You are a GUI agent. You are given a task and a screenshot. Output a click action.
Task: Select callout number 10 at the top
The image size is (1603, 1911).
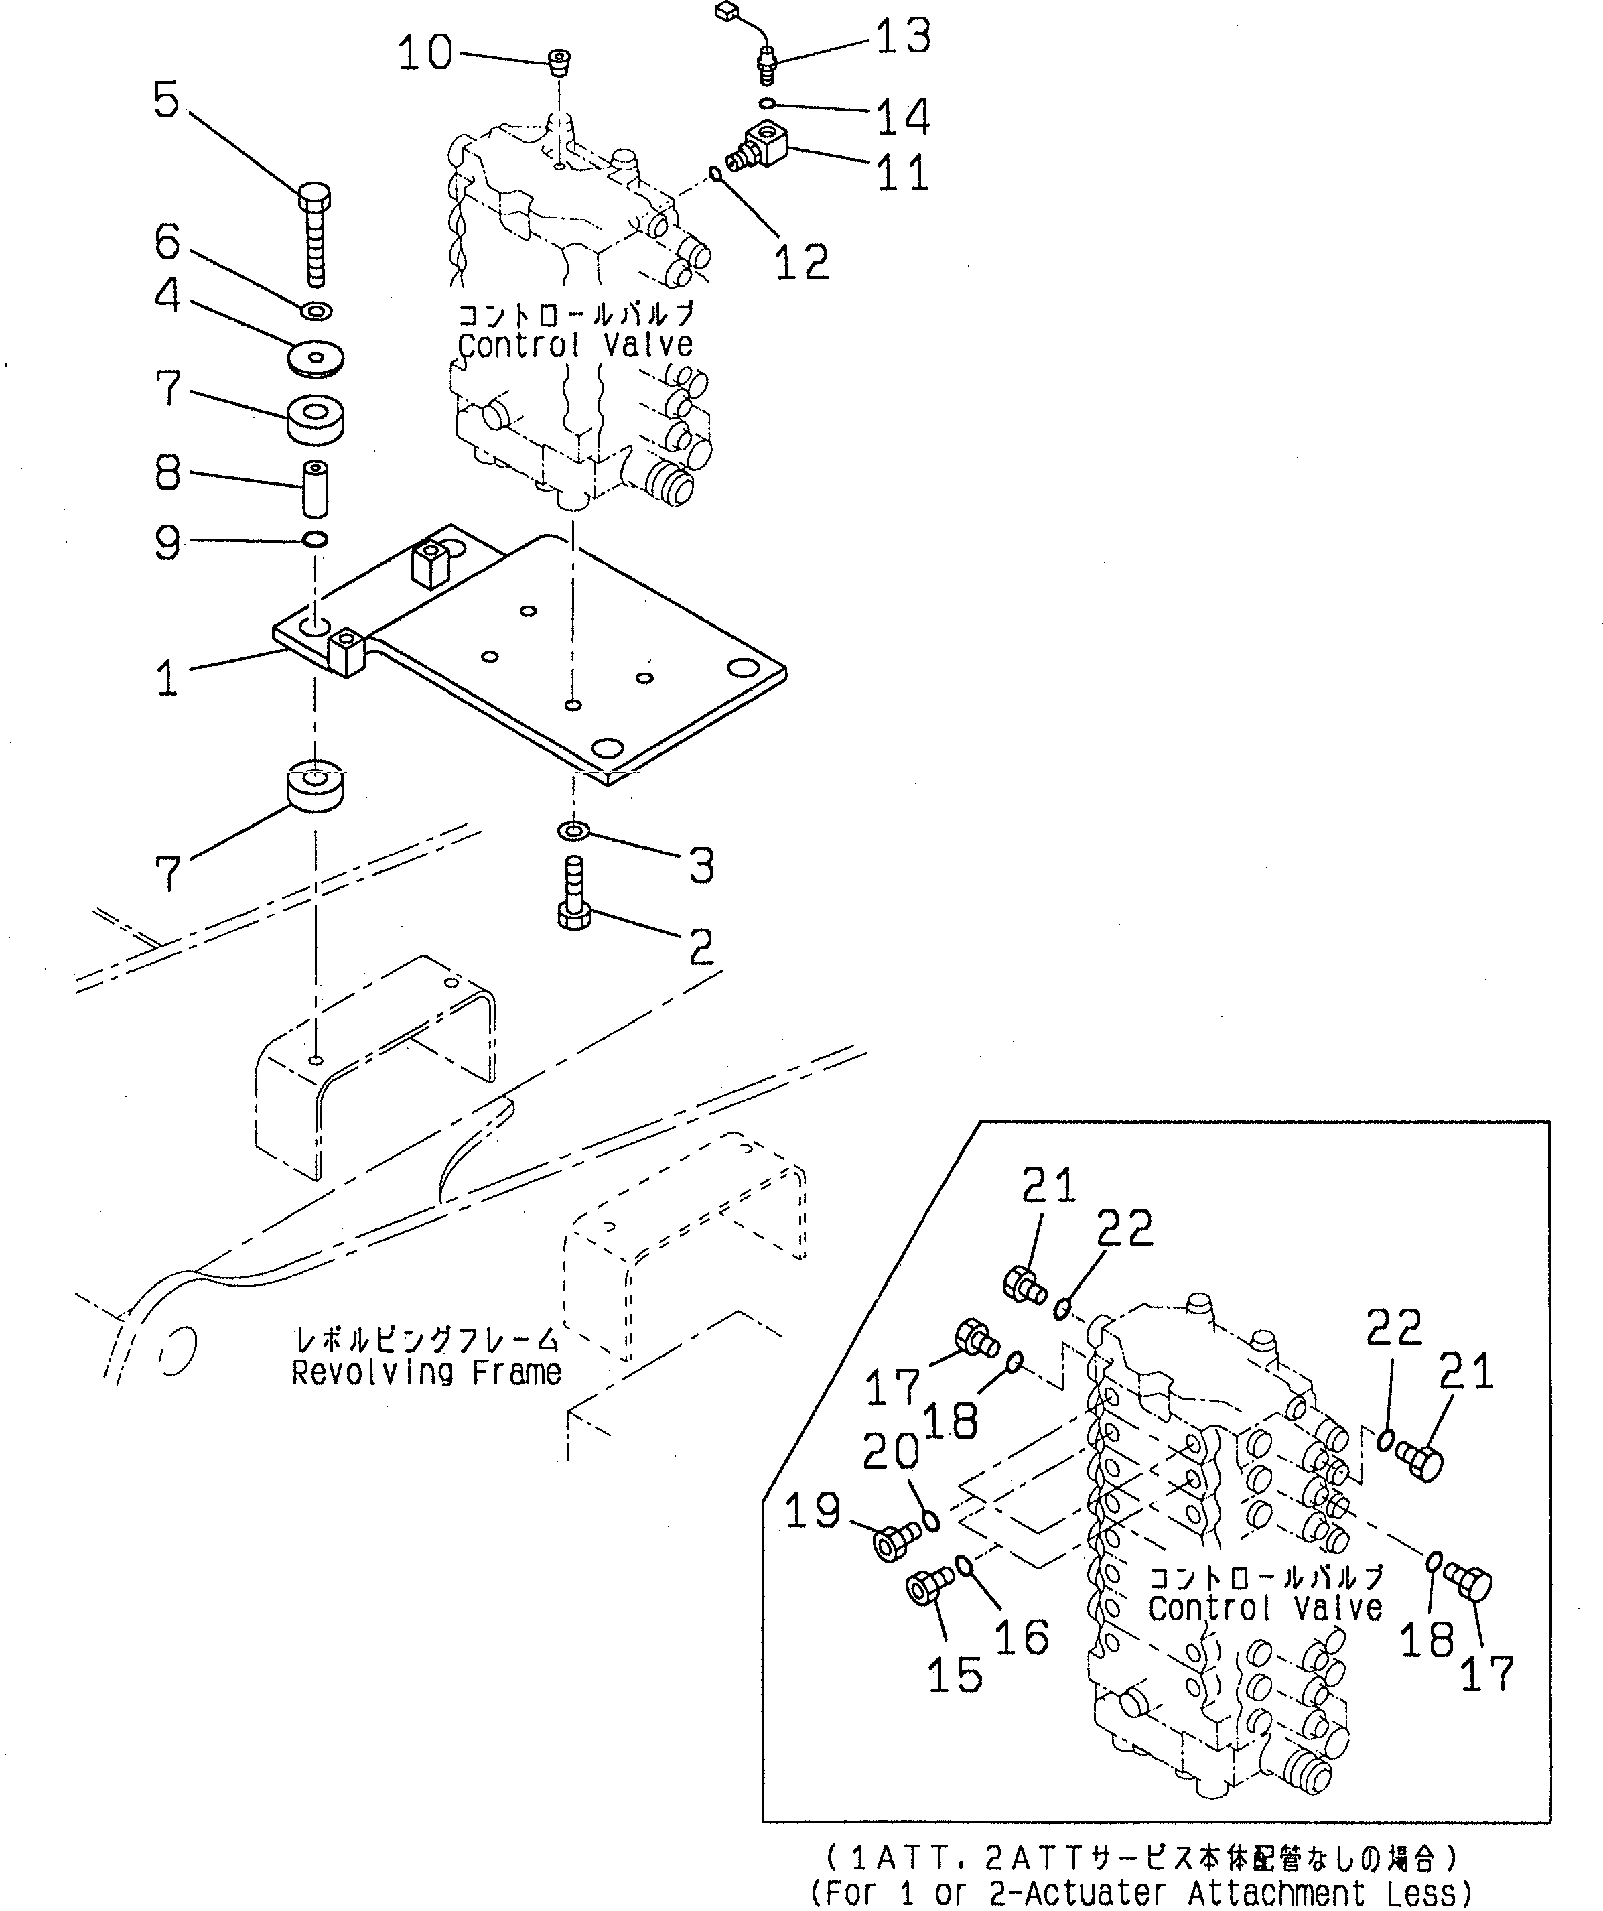[x=425, y=53]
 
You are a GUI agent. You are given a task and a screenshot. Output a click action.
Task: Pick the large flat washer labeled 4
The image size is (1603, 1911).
[x=315, y=358]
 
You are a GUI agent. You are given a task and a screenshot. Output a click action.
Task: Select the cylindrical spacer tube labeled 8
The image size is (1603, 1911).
[x=316, y=488]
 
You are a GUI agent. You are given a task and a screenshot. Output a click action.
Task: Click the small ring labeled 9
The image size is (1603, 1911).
[x=315, y=539]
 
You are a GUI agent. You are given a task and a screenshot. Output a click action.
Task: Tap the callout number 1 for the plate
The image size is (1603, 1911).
[x=167, y=679]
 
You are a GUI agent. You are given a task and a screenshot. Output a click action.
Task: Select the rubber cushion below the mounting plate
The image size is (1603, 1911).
[x=315, y=788]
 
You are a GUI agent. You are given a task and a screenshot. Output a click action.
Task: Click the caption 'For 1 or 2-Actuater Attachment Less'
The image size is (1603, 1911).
[x=1140, y=1893]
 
